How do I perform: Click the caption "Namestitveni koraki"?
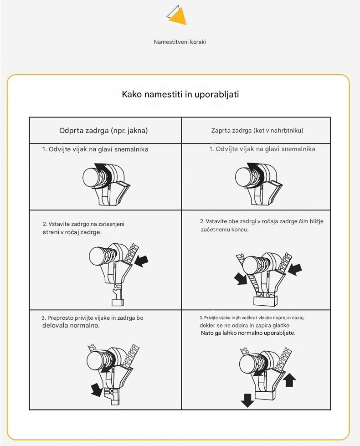180,42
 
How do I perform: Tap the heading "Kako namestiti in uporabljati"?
180,94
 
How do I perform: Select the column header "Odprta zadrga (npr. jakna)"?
103,130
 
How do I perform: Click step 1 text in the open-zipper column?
95,149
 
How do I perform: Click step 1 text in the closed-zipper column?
262,149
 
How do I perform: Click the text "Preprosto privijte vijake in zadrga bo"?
92,318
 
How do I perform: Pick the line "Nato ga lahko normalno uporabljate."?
248,333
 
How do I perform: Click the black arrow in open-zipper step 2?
142,261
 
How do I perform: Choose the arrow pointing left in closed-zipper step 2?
295,269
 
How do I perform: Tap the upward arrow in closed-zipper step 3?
290,379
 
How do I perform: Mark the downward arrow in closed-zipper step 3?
247,400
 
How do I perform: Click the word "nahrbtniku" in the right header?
288,130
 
